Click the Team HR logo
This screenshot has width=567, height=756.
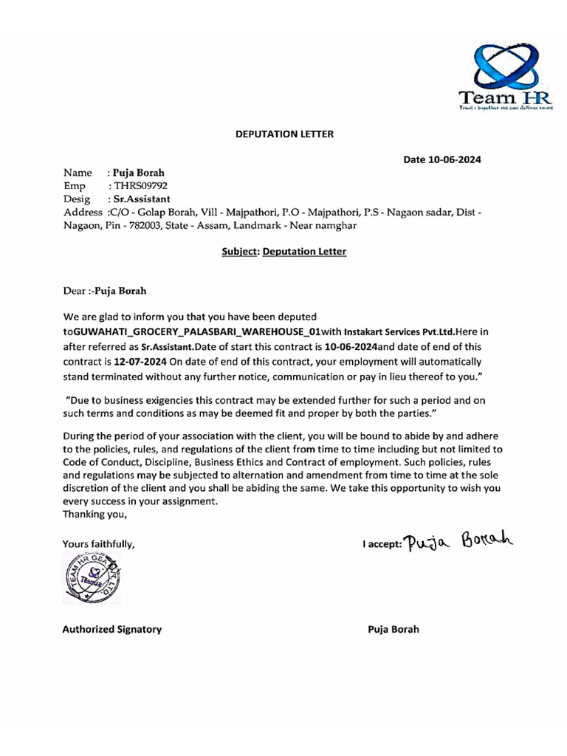(x=499, y=75)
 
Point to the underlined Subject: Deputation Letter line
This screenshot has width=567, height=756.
(x=284, y=252)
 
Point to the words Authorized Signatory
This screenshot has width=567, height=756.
(x=111, y=630)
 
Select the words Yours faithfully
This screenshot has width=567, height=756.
(x=99, y=544)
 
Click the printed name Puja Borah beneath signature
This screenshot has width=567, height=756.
(x=393, y=630)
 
